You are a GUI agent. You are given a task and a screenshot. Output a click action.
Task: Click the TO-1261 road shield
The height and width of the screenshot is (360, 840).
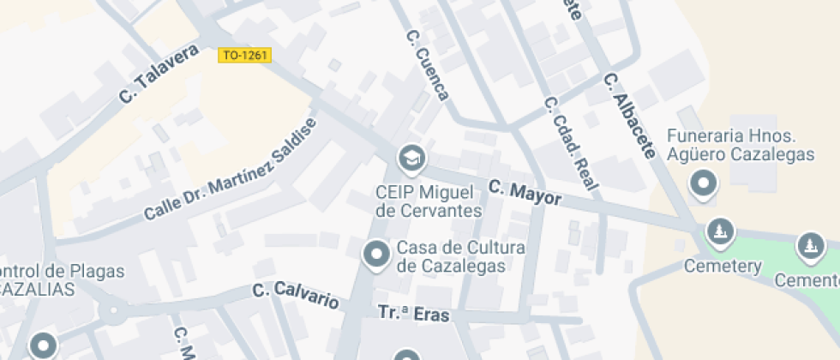point(245,55)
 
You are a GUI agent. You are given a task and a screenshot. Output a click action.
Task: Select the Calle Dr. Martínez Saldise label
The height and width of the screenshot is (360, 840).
point(230,168)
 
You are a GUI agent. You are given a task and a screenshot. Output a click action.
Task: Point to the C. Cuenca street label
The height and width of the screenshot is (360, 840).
point(427,66)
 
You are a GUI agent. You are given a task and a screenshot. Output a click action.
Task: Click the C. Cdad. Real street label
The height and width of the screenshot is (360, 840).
point(570,143)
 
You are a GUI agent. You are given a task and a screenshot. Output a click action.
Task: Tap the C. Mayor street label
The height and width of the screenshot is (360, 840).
point(525,192)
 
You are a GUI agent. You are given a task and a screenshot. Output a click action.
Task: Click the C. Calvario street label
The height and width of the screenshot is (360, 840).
point(296,295)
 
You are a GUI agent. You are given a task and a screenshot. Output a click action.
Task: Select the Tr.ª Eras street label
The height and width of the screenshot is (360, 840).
point(413,315)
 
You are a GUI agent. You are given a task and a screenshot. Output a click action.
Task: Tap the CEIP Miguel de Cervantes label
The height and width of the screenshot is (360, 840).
point(428,200)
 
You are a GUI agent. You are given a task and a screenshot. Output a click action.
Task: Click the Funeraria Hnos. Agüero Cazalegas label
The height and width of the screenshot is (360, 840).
point(740,145)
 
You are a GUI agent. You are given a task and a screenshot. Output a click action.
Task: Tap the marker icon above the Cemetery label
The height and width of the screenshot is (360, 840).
point(719,231)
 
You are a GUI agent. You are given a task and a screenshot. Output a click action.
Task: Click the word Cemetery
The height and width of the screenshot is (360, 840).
point(722,267)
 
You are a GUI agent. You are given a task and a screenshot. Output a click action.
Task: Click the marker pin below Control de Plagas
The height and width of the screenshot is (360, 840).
point(43,346)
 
